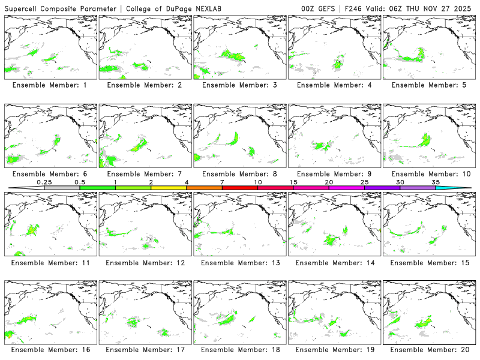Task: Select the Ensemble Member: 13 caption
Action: click(239, 262)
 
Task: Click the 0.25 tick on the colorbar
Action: click(44, 182)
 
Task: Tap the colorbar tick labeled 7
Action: click(222, 182)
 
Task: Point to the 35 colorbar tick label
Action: click(436, 182)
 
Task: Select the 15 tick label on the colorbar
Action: click(293, 182)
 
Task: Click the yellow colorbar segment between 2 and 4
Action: click(169, 188)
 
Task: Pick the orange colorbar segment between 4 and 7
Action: click(204, 188)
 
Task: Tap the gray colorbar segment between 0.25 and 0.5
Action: click(62, 188)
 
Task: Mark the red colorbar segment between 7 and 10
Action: click(240, 188)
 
